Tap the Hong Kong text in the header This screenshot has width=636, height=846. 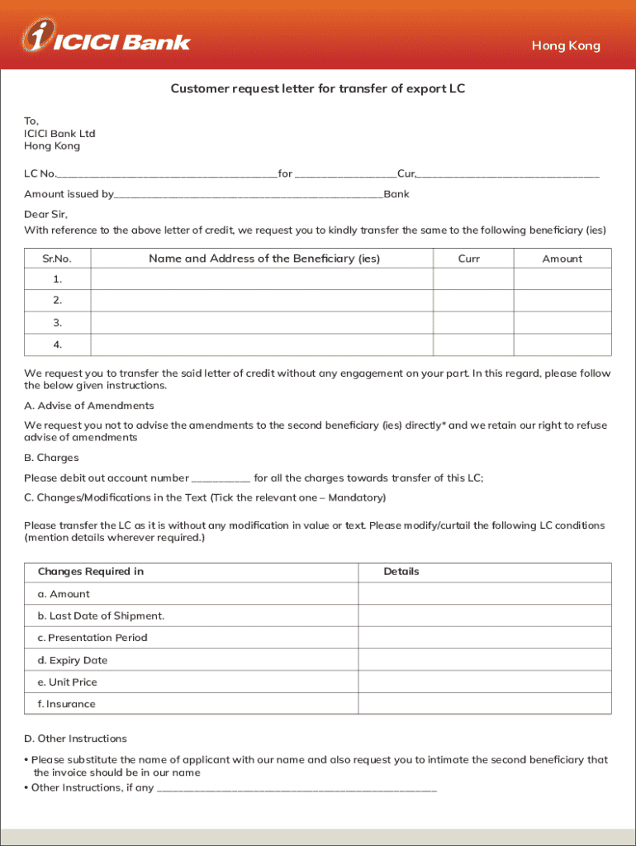(566, 46)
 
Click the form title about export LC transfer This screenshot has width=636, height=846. (318, 88)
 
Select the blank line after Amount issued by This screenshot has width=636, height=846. (248, 195)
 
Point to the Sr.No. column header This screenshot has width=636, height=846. (57, 259)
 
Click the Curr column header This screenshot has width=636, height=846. (468, 259)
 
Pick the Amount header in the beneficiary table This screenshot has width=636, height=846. (562, 259)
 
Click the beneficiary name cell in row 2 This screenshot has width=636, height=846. (262, 302)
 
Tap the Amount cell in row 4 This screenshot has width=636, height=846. (562, 345)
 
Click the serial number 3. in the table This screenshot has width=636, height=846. (57, 323)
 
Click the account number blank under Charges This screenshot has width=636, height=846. (221, 478)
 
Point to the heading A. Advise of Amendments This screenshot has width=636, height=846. (89, 406)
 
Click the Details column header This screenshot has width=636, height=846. (401, 572)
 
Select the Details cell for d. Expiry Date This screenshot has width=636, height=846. (484, 660)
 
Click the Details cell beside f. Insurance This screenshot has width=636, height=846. (484, 704)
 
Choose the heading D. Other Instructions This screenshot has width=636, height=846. (75, 739)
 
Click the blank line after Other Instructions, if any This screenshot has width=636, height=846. (297, 789)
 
